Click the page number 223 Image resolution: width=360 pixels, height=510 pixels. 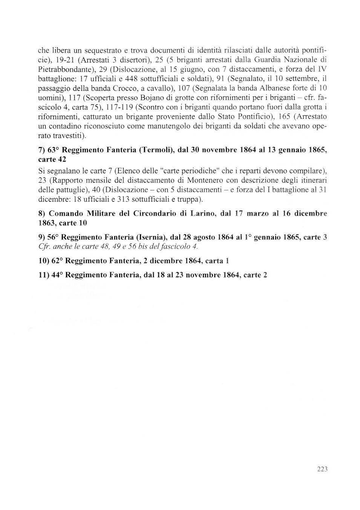tap(322, 469)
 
